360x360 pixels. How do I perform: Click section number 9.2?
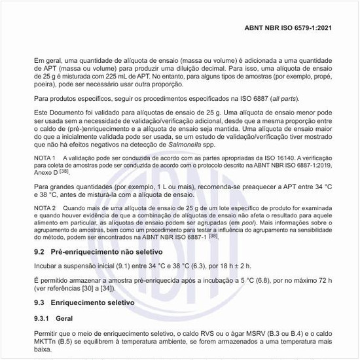[x=39, y=252]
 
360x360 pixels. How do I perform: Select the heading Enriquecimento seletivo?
[x=92, y=304]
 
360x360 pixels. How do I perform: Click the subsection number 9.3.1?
[x=43, y=319]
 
